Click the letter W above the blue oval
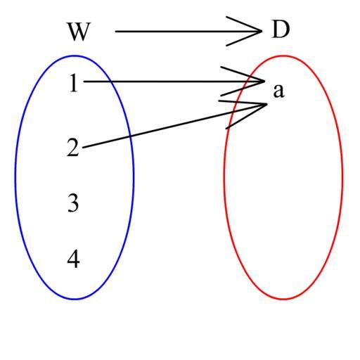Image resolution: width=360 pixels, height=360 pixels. click(x=79, y=32)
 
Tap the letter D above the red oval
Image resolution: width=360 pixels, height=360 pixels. click(x=281, y=30)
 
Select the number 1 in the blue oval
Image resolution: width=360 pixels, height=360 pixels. click(x=73, y=83)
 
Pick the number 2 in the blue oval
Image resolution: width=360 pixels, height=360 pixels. click(x=73, y=148)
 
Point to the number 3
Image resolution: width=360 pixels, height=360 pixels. click(x=73, y=203)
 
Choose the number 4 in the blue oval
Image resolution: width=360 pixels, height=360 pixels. click(x=73, y=259)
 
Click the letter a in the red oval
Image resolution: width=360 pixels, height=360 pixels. click(x=278, y=91)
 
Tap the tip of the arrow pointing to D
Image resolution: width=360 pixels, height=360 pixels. click(x=262, y=31)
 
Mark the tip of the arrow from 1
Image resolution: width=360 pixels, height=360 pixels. click(x=264, y=82)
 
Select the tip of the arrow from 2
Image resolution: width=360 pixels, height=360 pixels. click(x=267, y=104)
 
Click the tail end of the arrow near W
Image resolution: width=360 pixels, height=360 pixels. click(x=115, y=31)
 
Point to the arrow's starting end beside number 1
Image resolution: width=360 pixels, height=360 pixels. click(x=84, y=82)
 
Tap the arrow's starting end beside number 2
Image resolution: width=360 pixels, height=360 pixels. click(x=83, y=148)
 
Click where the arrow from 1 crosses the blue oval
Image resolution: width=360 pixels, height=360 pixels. click(x=110, y=82)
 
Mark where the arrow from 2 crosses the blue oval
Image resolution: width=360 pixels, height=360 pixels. click(x=130, y=136)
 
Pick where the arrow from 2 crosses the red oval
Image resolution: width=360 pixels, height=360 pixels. click(x=233, y=112)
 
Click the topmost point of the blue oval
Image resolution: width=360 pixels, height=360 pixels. click(x=75, y=56)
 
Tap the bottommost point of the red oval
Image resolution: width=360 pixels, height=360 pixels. click(x=283, y=300)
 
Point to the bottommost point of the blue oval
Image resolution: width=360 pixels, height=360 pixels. click(x=75, y=300)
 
